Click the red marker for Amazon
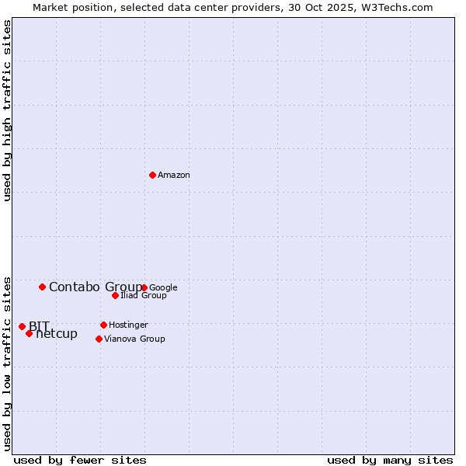pos(152,175)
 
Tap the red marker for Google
pos(144,287)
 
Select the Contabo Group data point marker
pos(42,287)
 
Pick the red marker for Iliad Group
pos(115,295)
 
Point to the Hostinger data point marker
pos(103,325)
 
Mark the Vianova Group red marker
pos(99,339)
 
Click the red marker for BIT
pos(22,326)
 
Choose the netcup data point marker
pos(29,333)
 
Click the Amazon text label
pos(174,176)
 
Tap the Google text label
pos(163,287)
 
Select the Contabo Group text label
pos(95,287)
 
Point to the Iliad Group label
pos(144,296)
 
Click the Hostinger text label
pos(128,325)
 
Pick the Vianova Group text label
pos(134,339)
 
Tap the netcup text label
pos(57,334)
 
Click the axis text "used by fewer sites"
pos(80,460)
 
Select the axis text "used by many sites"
pos(390,460)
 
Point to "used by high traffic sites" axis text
pos(8,110)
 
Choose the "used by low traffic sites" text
pos(8,363)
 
